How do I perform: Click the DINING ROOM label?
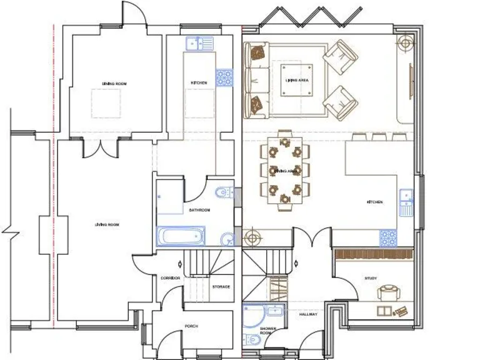pos(114,83)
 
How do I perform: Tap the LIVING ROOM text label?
pos(107,224)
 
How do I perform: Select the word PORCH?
pos(191,326)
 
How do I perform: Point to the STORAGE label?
pos(221,287)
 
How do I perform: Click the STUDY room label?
pos(370,278)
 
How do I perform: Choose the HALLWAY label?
pos(308,314)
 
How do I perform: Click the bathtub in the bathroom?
pos(181,237)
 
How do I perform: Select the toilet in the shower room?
pos(252,341)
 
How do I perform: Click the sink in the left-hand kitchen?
pos(199,43)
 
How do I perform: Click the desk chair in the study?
pos(389,292)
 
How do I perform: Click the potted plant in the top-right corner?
pos(404,43)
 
